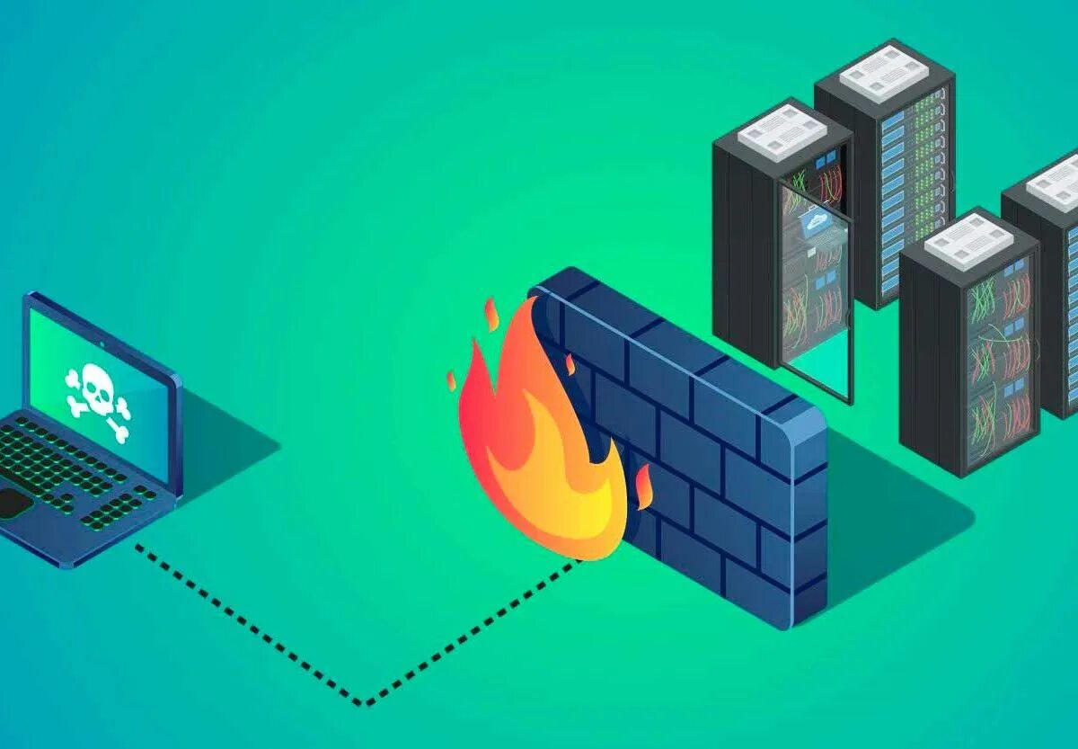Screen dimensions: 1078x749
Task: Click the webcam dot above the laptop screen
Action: coord(102,343)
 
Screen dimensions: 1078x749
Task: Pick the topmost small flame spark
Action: coord(491,314)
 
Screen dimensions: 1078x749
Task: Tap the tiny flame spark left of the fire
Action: coord(451,380)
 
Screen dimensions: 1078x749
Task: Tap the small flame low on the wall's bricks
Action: coord(643,486)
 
